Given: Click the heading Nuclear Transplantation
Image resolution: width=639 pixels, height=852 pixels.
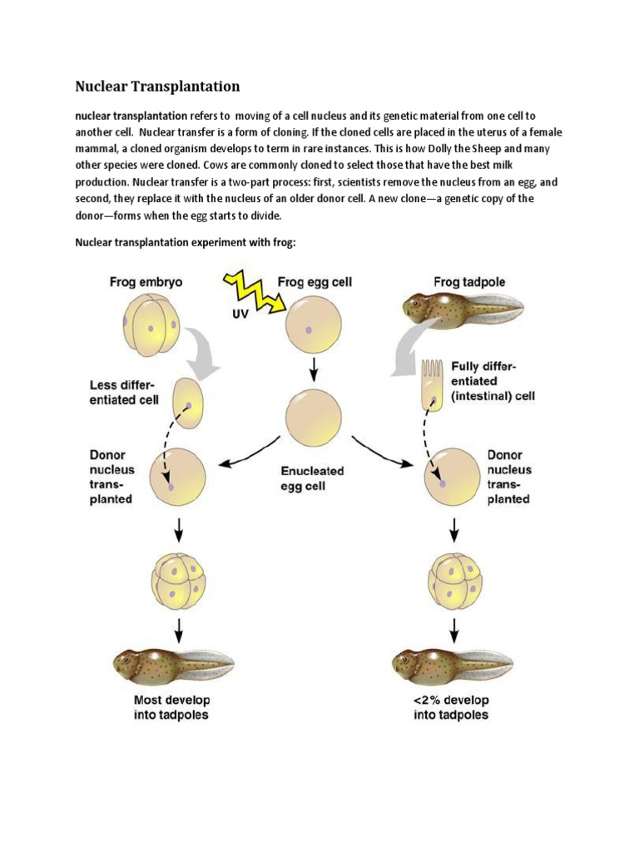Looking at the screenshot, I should point(157,87).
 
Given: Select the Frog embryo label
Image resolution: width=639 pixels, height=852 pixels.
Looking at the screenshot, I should point(146,282).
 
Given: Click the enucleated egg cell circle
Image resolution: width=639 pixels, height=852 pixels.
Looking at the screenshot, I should point(313,419).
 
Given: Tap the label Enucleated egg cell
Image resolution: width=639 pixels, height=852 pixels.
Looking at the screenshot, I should point(313,478).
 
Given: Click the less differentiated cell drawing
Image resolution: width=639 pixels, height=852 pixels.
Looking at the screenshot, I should point(188,401).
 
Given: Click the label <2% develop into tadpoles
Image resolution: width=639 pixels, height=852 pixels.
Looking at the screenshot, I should point(451,706).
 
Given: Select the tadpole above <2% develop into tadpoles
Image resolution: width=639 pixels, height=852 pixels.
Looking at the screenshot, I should point(451,663).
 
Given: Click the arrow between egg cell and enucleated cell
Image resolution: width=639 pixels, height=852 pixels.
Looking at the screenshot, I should point(313,369).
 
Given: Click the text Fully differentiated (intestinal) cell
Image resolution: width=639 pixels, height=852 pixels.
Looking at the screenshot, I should point(491,381).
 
